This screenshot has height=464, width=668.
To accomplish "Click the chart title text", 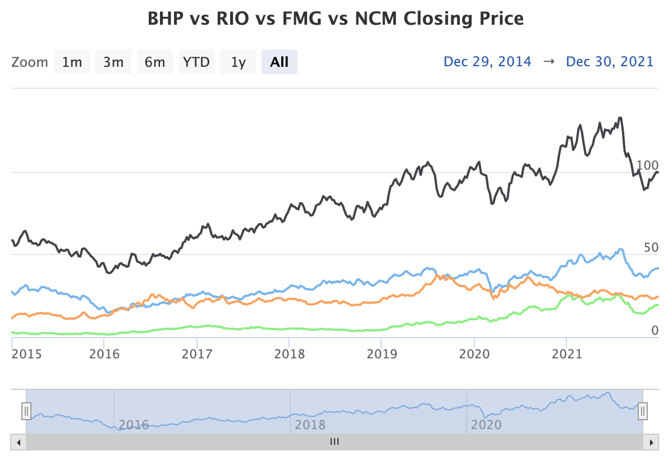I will tap(335, 19).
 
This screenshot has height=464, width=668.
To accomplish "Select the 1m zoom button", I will tap(72, 62).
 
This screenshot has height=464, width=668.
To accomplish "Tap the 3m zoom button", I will tap(113, 62).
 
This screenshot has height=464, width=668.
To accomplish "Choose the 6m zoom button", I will tap(154, 62).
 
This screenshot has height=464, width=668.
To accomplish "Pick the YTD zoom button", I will tap(196, 62).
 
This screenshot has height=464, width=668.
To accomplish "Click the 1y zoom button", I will tap(238, 62).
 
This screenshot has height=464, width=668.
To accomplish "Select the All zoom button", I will tap(279, 62).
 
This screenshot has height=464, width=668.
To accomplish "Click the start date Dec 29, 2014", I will tap(487, 62).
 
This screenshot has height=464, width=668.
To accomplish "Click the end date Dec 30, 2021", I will tap(610, 62).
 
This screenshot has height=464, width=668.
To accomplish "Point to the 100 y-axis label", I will tap(647, 166).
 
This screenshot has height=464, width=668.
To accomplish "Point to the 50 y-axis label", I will tap(651, 248).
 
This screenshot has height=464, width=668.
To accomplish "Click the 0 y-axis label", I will tap(655, 330).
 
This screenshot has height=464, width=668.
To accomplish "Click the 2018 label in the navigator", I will tap(310, 424).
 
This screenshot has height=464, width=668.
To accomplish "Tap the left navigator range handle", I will tap(26, 412).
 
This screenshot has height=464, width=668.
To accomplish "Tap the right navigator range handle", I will tap(643, 412).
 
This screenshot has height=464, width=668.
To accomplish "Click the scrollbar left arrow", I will tap(19, 442).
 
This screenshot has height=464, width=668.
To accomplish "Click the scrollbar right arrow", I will tap(651, 442).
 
